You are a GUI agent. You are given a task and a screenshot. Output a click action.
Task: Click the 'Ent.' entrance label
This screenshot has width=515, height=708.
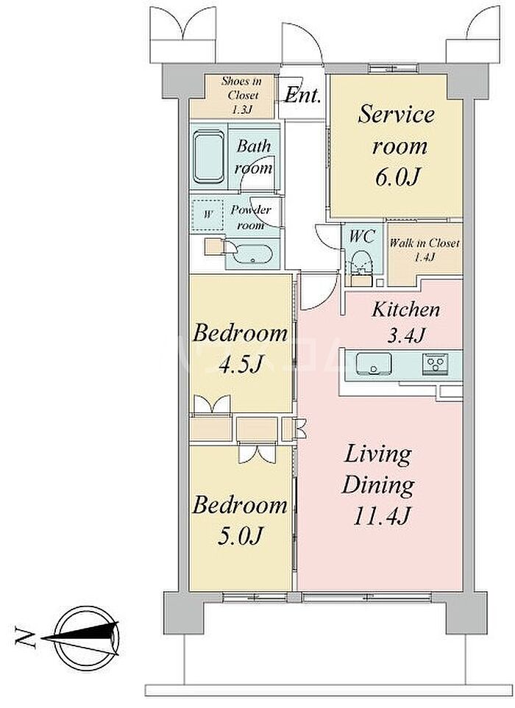point(302,96)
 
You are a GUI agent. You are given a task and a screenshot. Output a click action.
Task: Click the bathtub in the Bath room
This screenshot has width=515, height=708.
point(208,156)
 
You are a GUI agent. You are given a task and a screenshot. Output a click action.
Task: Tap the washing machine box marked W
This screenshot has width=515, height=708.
point(207,215)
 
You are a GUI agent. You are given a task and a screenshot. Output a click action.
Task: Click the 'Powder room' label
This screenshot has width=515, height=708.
point(250,217)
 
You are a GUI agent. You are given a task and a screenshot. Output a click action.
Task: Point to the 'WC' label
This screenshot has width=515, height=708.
point(362,236)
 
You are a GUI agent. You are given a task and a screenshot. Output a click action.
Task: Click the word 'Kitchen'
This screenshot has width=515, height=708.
point(405,310)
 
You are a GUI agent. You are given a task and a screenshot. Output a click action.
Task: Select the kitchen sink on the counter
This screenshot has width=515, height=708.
point(374,363)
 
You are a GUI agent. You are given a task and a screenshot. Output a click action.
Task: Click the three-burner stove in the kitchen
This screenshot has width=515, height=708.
point(436,363)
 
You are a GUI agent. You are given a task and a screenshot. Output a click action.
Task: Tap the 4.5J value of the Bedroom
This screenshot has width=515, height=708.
point(241,364)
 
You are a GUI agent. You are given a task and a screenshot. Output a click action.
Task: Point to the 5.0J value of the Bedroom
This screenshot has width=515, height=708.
point(241,536)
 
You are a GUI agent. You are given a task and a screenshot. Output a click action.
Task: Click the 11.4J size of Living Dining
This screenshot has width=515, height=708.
point(381,515)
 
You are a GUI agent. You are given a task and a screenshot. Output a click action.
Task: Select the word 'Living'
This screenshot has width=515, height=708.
point(378,454)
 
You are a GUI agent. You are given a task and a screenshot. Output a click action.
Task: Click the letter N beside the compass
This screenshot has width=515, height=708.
point(25,637)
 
